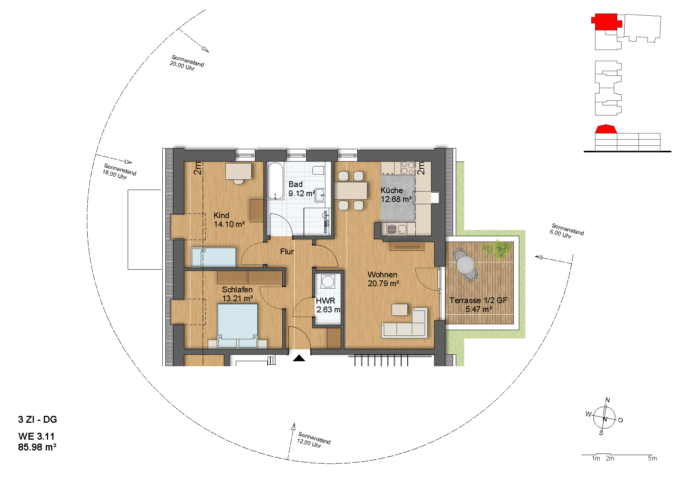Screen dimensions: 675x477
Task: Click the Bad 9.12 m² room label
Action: (x=302, y=189)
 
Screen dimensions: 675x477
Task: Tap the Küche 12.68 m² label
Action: (x=396, y=195)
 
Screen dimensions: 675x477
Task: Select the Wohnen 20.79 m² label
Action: (x=383, y=279)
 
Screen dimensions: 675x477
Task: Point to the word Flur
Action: (x=287, y=252)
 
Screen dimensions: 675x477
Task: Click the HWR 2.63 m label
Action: (x=328, y=305)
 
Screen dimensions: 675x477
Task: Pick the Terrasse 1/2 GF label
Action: (x=478, y=300)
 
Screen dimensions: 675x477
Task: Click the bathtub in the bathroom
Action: (x=275, y=181)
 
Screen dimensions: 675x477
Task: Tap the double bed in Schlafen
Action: (x=237, y=325)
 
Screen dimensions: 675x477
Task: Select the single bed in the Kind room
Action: (x=214, y=257)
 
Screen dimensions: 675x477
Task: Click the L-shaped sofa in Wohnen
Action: (x=405, y=324)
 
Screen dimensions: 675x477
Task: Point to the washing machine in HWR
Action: (x=328, y=281)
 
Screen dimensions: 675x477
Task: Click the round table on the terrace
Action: (x=465, y=265)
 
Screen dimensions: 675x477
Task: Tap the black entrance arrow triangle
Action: (x=299, y=359)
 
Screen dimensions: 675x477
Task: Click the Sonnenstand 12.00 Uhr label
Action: (x=314, y=440)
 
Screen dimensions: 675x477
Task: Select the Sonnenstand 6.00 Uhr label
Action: (x=567, y=231)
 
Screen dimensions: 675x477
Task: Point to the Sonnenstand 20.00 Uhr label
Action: (x=187, y=63)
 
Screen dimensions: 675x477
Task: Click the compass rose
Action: (x=605, y=418)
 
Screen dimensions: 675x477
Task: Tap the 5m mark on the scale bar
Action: (x=652, y=458)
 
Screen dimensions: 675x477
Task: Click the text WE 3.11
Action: (x=37, y=436)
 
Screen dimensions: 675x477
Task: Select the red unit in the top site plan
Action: (x=606, y=22)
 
